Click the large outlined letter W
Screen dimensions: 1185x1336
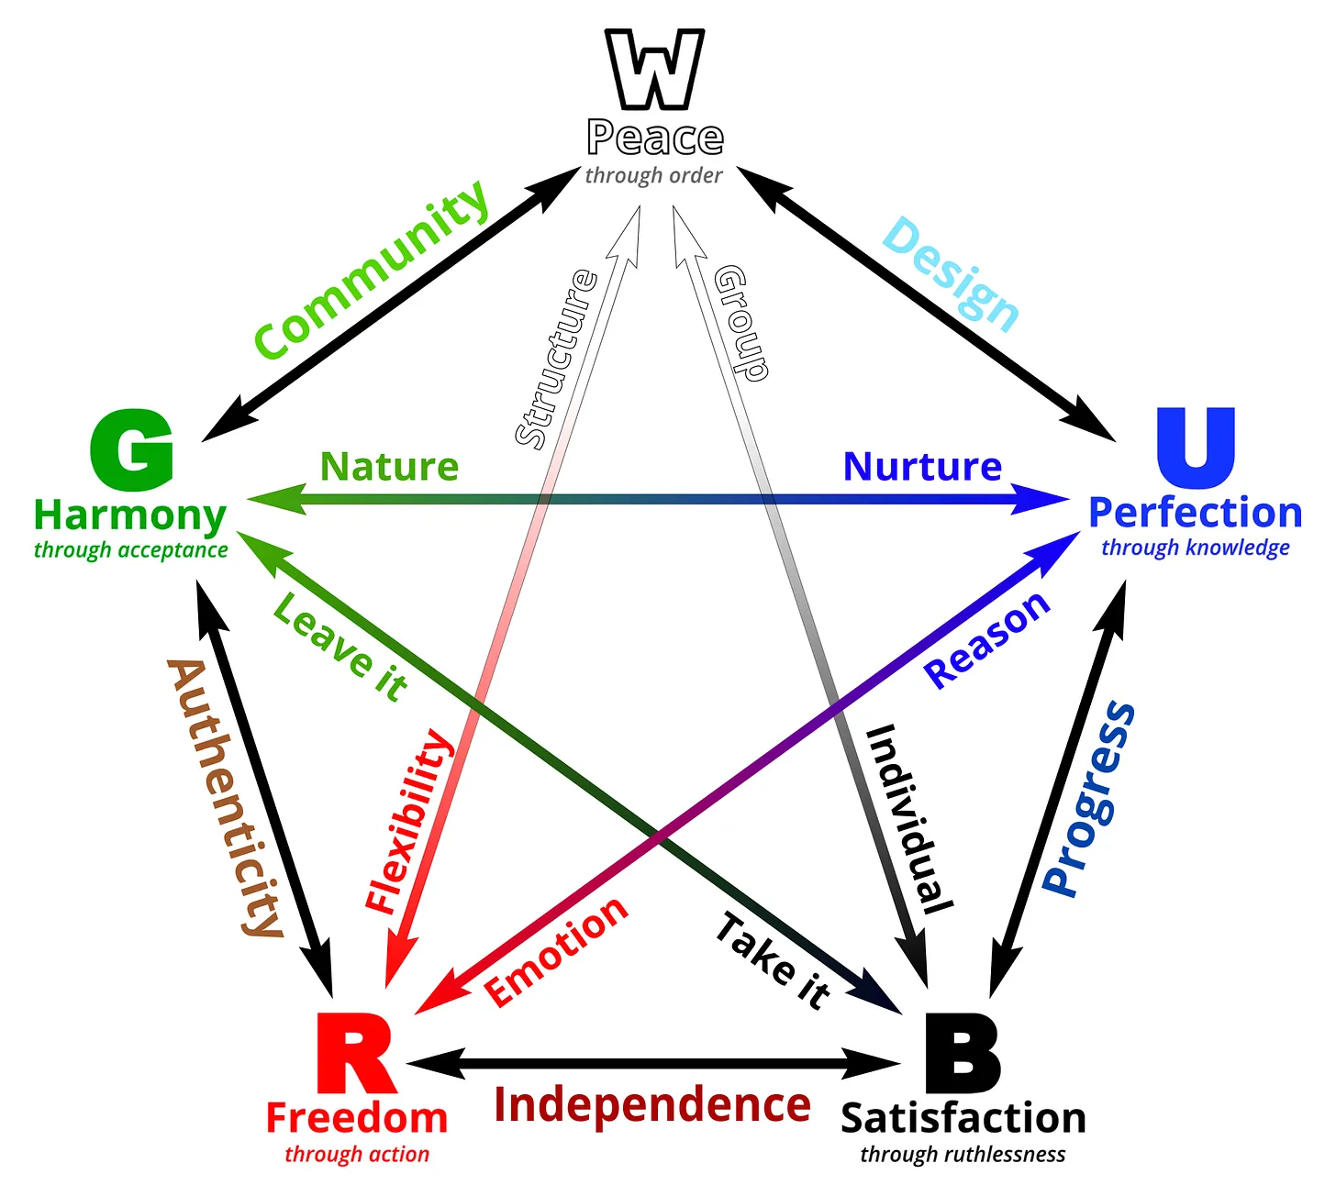pyautogui.click(x=654, y=70)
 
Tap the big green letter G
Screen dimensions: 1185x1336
pyautogui.click(x=132, y=451)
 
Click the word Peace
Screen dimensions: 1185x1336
pyautogui.click(x=655, y=138)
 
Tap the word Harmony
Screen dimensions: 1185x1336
pyautogui.click(x=129, y=515)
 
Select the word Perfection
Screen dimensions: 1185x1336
pyautogui.click(x=1195, y=513)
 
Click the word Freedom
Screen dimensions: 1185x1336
pyautogui.click(x=357, y=1118)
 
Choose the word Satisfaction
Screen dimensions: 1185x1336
pyautogui.click(x=963, y=1118)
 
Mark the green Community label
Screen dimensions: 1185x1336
pyautogui.click(x=371, y=270)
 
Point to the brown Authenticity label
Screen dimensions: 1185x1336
pyautogui.click(x=226, y=796)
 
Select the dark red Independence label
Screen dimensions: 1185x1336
pyautogui.click(x=652, y=1104)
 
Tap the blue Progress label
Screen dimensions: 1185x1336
pyautogui.click(x=1089, y=798)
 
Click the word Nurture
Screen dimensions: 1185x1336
pyautogui.click(x=922, y=466)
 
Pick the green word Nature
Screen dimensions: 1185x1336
pyautogui.click(x=389, y=466)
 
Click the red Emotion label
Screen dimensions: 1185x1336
pyautogui.click(x=556, y=950)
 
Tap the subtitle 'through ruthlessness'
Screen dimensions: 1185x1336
pyautogui.click(x=963, y=1154)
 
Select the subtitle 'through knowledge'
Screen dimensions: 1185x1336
pyautogui.click(x=1195, y=548)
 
